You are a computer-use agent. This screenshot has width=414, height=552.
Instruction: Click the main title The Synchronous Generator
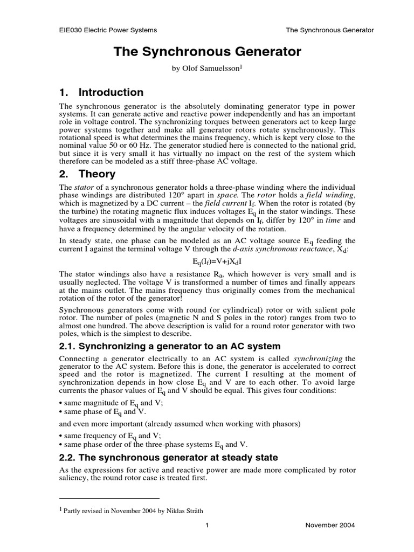207,52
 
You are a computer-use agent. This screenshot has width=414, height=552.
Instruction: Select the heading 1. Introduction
101,92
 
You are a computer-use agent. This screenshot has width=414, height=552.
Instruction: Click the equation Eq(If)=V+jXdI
207,260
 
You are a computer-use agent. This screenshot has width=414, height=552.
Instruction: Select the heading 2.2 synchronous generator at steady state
168,457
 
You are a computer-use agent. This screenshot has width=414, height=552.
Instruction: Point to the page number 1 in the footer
207,525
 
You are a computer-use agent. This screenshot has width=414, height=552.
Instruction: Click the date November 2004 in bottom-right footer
330,525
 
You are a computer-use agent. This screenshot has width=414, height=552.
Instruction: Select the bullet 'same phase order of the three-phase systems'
153,444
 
